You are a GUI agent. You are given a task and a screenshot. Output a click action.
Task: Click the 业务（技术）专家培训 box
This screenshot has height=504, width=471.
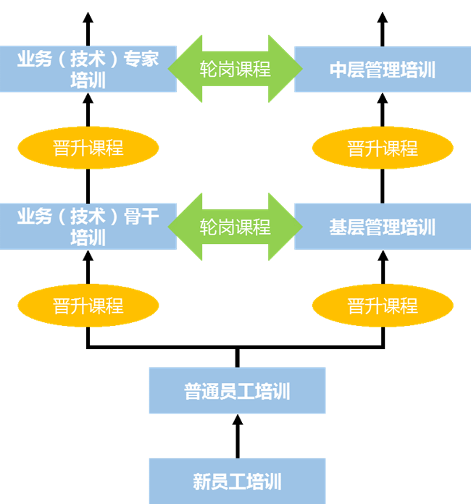point(88,69)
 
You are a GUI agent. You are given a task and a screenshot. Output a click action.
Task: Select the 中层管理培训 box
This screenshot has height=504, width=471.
point(382,70)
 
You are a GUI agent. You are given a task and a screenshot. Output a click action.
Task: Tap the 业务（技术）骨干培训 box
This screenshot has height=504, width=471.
point(88,226)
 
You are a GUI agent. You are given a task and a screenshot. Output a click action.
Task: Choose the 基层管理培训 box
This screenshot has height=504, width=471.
point(382,227)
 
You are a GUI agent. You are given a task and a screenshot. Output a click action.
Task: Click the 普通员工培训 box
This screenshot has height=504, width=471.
point(237,391)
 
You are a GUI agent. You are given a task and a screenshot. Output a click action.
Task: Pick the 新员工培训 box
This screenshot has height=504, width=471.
point(237,481)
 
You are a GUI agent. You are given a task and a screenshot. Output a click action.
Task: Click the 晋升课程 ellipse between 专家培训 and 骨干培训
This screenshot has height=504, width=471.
point(88,148)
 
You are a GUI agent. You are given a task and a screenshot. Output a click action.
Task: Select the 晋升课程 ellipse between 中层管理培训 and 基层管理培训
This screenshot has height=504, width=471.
point(383,148)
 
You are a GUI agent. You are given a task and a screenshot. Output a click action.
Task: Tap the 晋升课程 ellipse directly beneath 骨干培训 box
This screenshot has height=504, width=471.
point(88,306)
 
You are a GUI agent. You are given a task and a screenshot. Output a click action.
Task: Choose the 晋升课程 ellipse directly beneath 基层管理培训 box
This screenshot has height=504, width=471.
point(383,306)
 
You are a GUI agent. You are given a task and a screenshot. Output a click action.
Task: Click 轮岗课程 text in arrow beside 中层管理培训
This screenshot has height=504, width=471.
point(236,69)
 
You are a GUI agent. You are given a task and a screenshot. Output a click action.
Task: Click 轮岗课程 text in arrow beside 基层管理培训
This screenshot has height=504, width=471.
point(236,227)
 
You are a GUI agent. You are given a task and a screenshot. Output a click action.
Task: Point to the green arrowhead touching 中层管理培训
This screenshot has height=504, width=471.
point(285,69)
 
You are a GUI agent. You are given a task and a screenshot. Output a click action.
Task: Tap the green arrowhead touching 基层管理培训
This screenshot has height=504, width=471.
point(285,227)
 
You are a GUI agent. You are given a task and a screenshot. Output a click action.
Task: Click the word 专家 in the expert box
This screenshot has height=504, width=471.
point(141,59)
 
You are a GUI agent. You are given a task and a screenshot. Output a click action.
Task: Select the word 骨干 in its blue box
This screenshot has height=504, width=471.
point(141,216)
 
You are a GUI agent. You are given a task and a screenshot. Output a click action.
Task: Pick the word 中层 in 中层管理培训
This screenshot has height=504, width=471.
point(342,70)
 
